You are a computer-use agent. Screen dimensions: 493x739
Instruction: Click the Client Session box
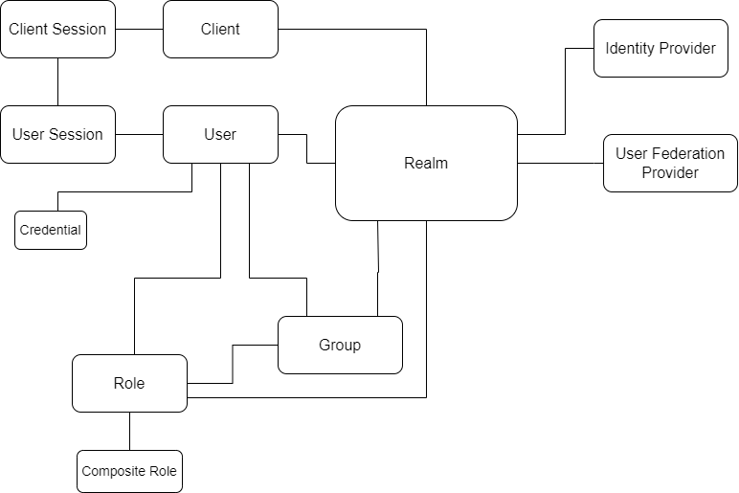tap(57, 29)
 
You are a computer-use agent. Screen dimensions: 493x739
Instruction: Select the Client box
tap(220, 29)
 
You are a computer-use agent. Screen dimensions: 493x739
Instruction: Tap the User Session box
tap(57, 134)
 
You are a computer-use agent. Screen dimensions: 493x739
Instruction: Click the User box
tap(220, 134)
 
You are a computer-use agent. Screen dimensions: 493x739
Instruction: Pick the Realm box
tap(426, 163)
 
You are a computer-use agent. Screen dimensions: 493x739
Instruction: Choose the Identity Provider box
tap(661, 48)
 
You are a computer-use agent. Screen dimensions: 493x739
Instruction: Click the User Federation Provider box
tap(670, 163)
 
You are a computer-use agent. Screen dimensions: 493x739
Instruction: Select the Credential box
tap(51, 230)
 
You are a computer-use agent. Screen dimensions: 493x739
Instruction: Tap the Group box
tap(340, 345)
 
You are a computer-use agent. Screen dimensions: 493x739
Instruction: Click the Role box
tap(129, 383)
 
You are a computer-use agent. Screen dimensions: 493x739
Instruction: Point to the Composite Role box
tap(129, 471)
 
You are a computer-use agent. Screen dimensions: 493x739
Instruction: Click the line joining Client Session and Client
tap(139, 29)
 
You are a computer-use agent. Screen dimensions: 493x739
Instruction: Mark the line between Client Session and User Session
tap(57, 81)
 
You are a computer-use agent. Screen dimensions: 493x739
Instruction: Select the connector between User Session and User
tap(139, 134)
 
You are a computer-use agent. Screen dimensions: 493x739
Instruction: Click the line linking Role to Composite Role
tap(129, 431)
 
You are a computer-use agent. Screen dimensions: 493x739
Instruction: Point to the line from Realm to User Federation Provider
tap(560, 163)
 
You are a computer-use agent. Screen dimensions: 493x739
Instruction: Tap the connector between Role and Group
tap(233, 364)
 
